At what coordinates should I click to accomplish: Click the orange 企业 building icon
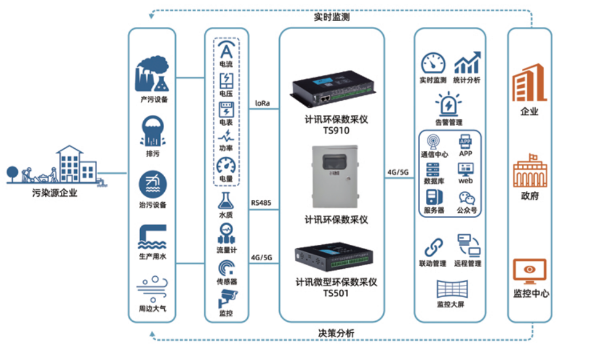pos(529,82)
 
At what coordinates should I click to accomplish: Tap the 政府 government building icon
pos(529,170)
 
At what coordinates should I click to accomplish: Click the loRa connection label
pos(263,103)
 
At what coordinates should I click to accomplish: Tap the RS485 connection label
pos(261,202)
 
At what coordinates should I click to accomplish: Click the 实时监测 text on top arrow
pos(331,17)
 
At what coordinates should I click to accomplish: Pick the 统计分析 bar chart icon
pos(467,63)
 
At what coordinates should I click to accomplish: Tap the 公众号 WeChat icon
pos(467,198)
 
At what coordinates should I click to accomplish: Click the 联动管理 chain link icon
pos(434,247)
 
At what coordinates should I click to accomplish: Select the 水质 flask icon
pos(226,201)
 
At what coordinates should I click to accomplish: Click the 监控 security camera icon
pos(226,300)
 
